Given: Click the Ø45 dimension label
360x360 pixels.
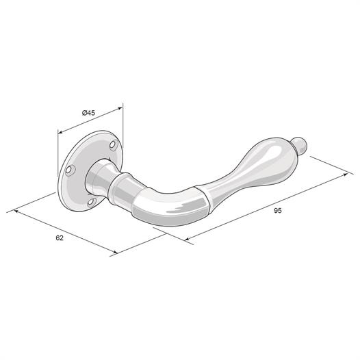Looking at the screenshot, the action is [88, 113].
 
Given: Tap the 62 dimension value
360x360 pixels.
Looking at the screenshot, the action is [60, 238].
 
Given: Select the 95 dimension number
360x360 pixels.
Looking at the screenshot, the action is [278, 210].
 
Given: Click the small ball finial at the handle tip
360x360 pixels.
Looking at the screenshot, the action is [299, 145].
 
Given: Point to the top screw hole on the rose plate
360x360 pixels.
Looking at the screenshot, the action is [112, 145].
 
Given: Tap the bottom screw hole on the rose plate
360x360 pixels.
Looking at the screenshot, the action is [92, 202].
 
